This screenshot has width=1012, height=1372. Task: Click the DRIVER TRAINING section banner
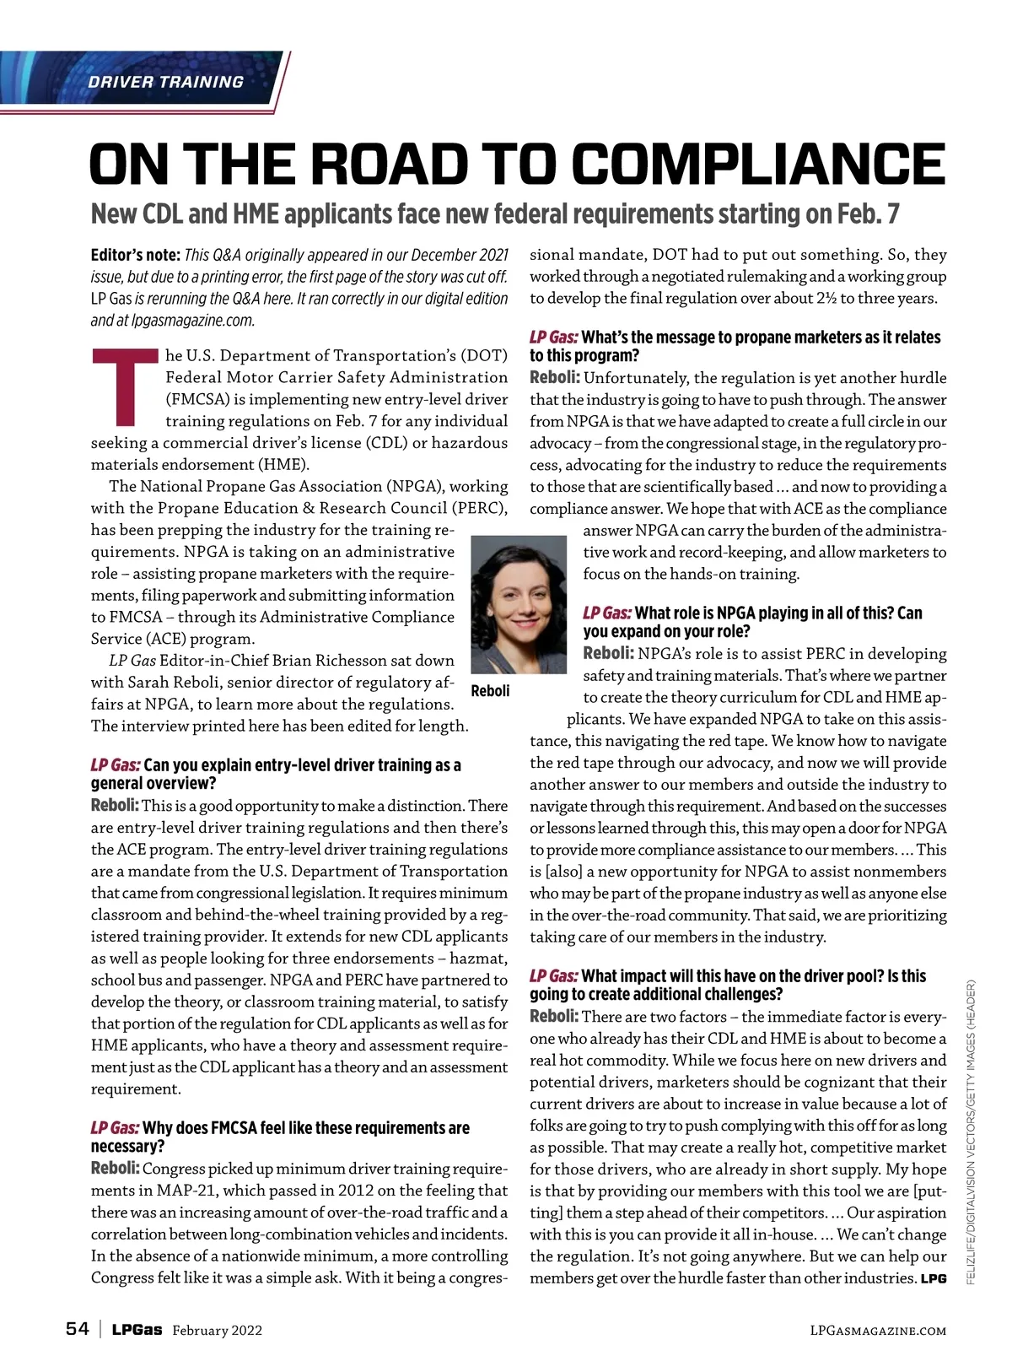pos(165,82)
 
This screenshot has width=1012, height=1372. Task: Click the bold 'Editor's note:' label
pos(135,255)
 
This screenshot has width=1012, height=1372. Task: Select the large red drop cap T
pos(125,386)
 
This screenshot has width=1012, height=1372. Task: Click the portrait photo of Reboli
pos(519,603)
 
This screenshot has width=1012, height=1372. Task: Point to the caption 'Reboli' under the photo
pos(490,691)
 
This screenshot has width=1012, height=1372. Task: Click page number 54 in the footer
pos(77,1329)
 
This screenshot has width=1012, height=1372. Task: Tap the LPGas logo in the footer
pos(137,1330)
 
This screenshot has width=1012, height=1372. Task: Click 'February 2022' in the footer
pos(217,1331)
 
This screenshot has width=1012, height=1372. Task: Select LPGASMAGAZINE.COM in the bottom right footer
pos(878,1331)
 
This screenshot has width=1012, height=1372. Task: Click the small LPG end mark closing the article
pos(934,1279)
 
